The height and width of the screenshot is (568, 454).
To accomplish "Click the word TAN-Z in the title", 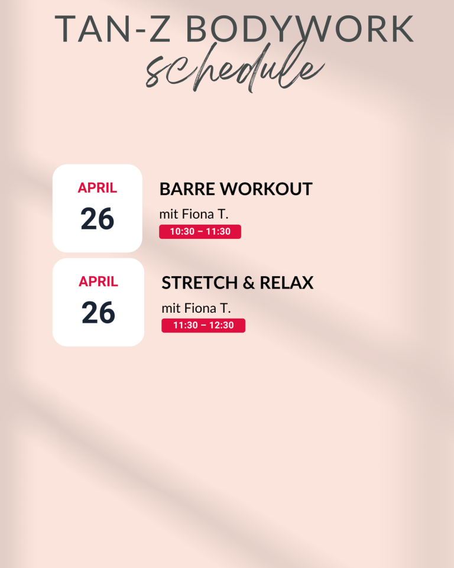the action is pos(112,28).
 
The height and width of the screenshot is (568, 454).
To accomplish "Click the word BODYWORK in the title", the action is pos(300,28).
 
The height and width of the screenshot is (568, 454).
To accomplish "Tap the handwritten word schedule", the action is pos(235,68).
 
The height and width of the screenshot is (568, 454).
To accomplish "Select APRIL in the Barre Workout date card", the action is pos(98,187).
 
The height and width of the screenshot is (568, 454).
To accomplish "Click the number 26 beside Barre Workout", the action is pos(98,219).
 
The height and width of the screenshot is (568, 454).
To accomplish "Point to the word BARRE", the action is pos(187,189).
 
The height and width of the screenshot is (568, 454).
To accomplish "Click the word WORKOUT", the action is pos(267,189).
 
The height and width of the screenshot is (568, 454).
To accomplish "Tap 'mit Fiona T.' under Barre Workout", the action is pos(194,214).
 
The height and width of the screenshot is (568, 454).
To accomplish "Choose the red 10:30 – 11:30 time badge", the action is pos(200,232).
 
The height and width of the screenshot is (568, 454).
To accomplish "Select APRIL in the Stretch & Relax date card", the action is pos(98,281).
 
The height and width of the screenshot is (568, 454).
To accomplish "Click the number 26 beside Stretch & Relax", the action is pos(98,313).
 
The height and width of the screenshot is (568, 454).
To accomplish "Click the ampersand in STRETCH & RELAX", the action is pos(248,283).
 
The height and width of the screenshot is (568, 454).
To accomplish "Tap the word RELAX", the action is pos(287,283).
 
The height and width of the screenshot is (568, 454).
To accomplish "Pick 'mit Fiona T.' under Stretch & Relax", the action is pos(196,309).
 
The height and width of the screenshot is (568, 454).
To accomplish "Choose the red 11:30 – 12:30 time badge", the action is pos(203,325).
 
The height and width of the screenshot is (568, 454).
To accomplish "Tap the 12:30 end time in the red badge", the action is pos(221,325).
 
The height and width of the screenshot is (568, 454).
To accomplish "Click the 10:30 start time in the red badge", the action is pos(182,232).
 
